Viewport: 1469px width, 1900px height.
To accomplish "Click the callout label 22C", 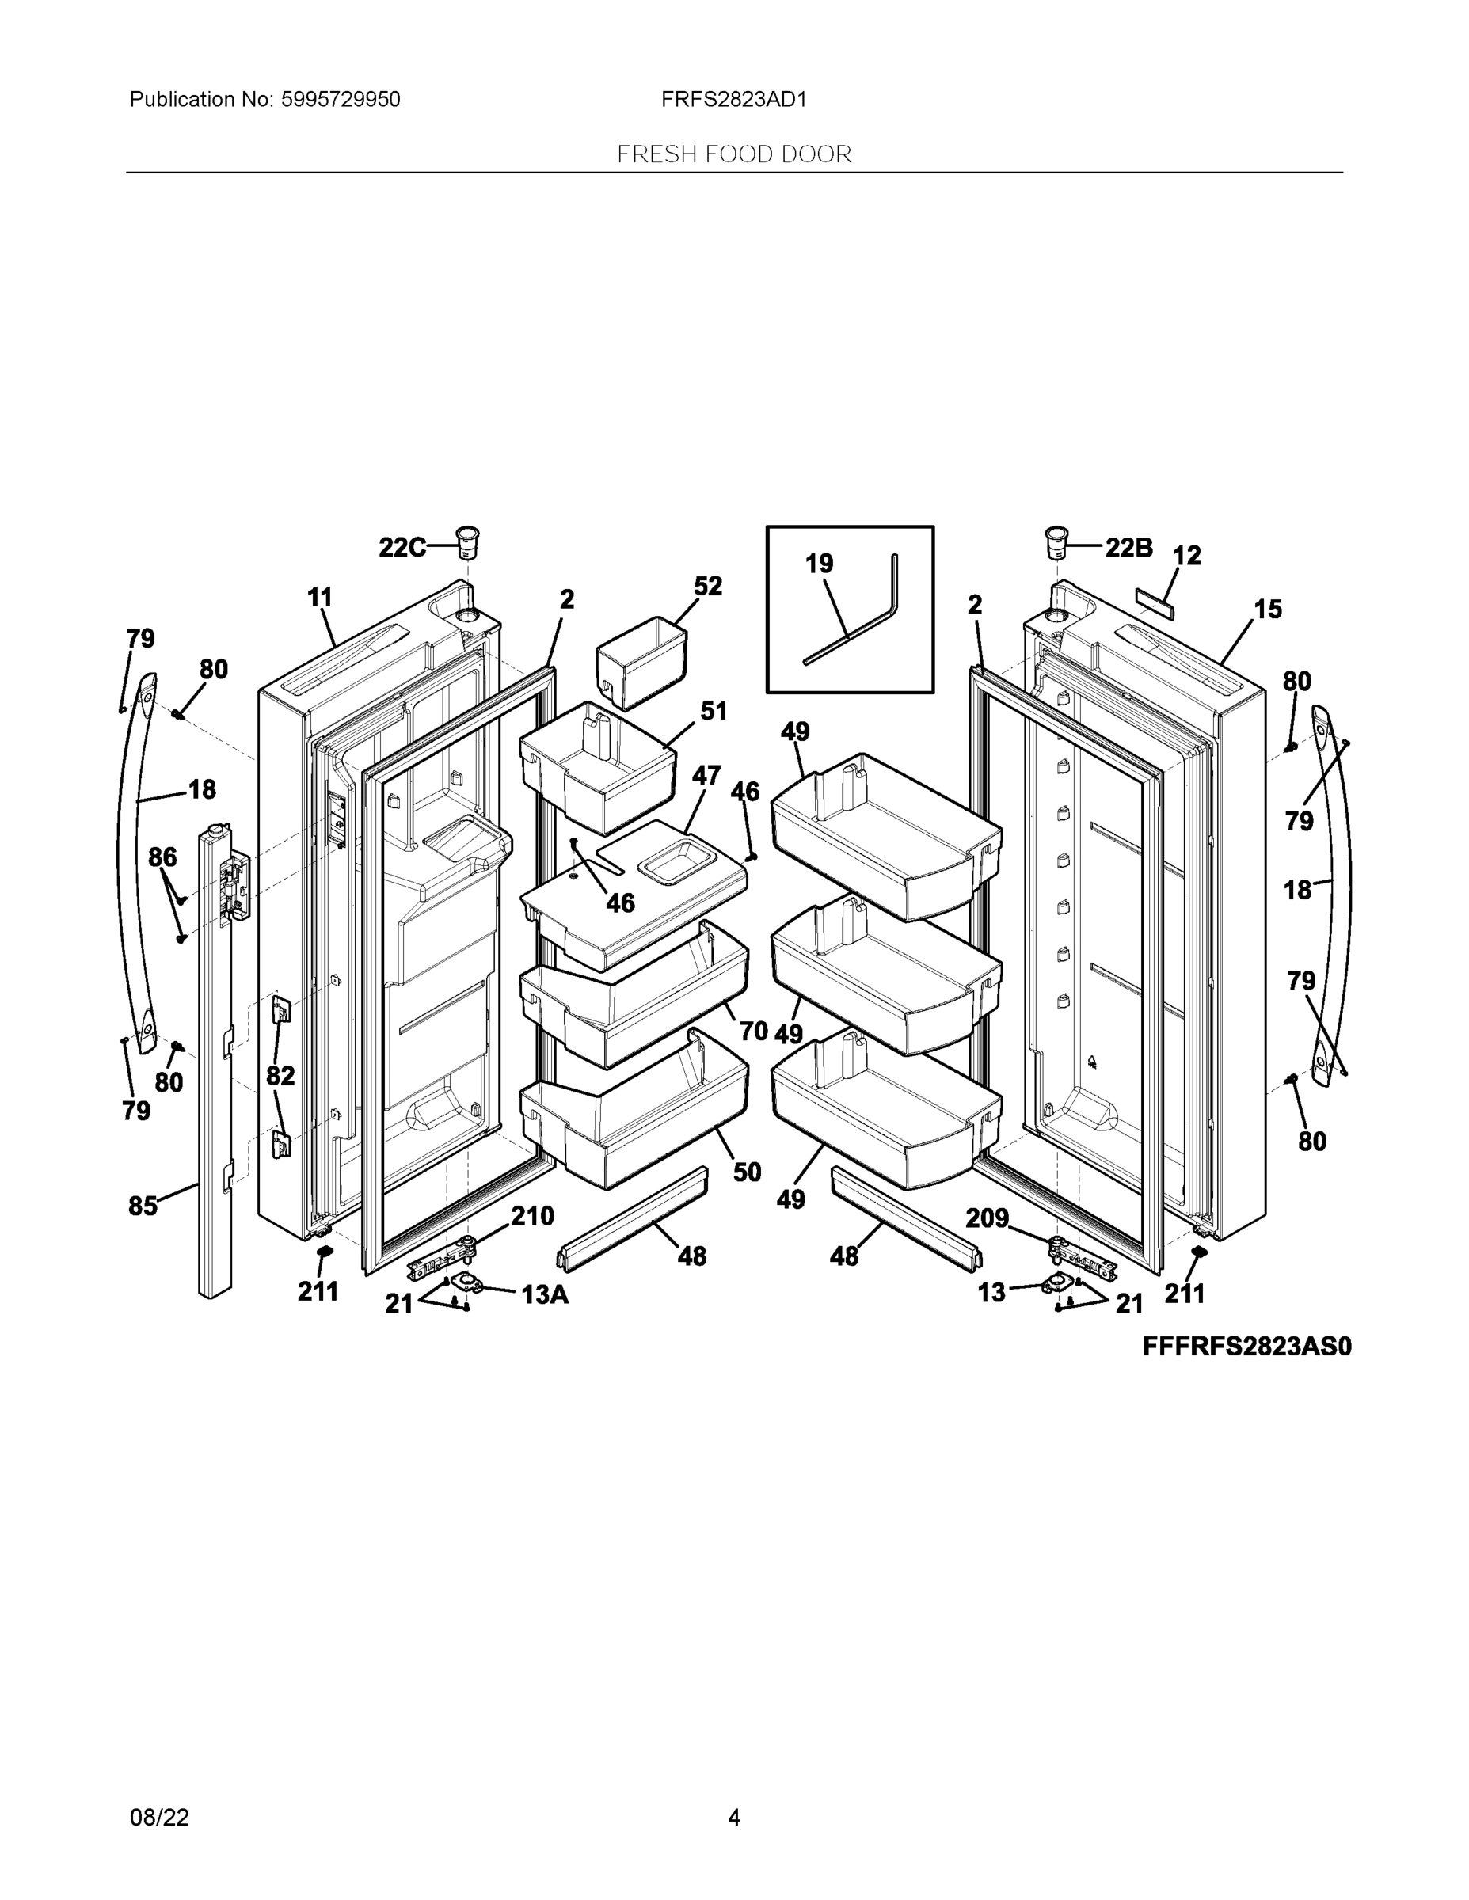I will (x=402, y=547).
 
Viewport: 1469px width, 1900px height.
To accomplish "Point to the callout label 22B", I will (x=1128, y=547).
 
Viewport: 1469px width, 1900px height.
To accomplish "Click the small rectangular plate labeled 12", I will (x=1154, y=602).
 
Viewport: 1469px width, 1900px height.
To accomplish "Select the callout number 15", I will (x=1268, y=609).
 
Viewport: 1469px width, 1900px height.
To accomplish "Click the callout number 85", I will (x=143, y=1206).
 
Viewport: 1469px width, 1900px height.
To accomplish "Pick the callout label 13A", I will (x=545, y=1295).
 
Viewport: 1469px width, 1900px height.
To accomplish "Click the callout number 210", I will (x=531, y=1216).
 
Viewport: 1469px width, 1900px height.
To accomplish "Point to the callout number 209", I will (x=987, y=1218).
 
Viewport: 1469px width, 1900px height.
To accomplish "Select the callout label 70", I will (x=754, y=1031).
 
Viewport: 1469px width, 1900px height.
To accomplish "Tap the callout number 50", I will (x=747, y=1172).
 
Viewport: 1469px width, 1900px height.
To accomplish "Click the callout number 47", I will (x=706, y=775).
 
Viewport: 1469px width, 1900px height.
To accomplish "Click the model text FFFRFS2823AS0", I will (x=1246, y=1347).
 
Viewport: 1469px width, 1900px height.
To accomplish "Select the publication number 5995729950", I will (x=341, y=100).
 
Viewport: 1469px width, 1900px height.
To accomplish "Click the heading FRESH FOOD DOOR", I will (x=733, y=155).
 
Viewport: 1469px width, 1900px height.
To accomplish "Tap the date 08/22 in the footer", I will (x=159, y=1818).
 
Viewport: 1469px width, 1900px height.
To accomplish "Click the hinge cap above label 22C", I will (x=468, y=544).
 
